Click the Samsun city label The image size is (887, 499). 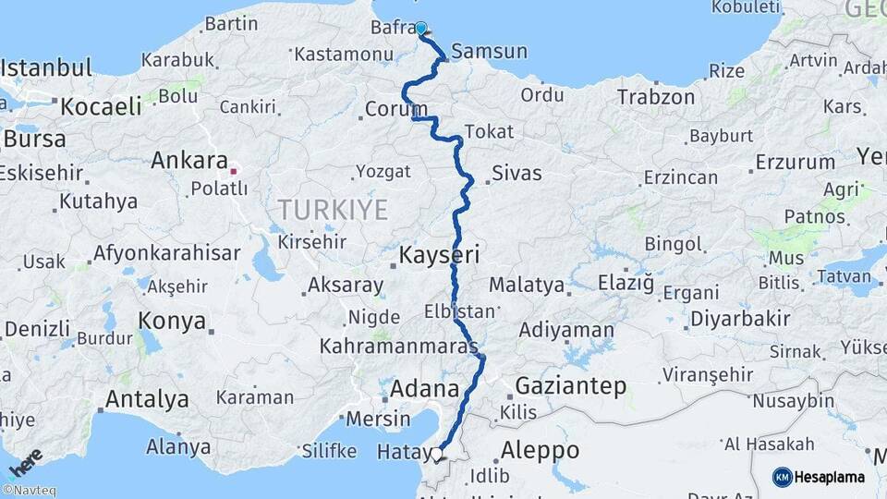tap(491, 51)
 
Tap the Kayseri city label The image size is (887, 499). tap(439, 254)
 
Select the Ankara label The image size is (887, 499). tap(189, 160)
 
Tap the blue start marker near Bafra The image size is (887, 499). tap(421, 28)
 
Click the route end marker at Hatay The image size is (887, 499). tap(438, 454)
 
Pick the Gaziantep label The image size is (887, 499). tap(571, 385)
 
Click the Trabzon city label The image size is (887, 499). tap(655, 97)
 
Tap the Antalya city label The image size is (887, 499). tap(147, 399)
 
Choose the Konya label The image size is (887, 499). tap(172, 321)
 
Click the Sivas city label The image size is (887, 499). tap(516, 173)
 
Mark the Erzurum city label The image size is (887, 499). tap(795, 162)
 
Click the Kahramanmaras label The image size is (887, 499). tap(399, 347)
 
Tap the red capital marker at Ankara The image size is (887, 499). tap(234, 171)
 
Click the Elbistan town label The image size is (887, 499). tap(460, 310)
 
